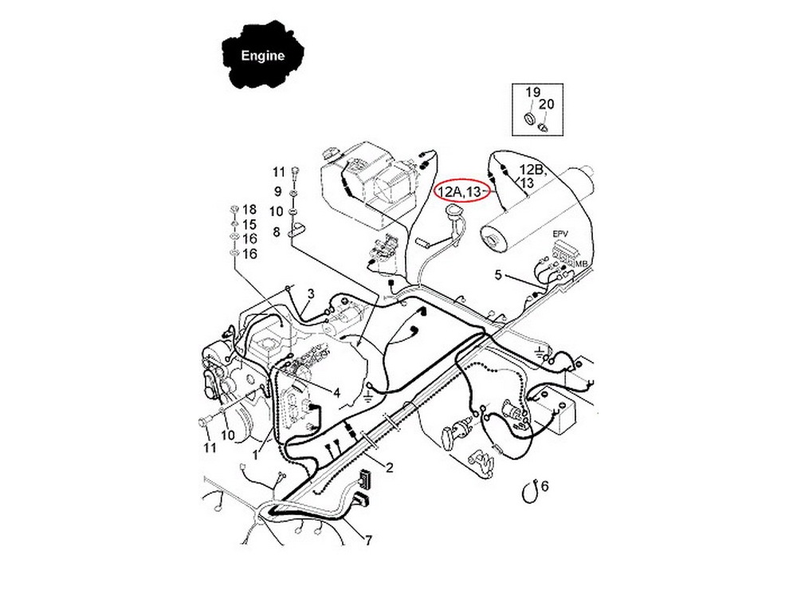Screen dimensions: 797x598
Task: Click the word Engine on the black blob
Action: (x=262, y=56)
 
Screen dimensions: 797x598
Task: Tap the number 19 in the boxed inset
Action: (x=532, y=92)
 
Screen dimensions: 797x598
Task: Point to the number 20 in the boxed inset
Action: (x=547, y=104)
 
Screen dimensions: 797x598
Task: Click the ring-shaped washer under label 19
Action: (x=530, y=120)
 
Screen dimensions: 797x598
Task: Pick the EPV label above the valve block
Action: (x=560, y=234)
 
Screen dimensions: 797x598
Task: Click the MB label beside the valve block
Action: (x=582, y=264)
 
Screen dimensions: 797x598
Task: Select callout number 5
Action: (x=498, y=275)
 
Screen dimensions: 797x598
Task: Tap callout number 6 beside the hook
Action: (x=545, y=486)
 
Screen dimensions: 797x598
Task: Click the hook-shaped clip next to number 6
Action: (x=530, y=491)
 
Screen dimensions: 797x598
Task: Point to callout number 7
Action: (x=368, y=540)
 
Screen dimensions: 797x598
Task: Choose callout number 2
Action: (x=390, y=467)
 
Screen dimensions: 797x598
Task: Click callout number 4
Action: (x=336, y=392)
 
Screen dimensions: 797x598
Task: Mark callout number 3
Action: (x=311, y=293)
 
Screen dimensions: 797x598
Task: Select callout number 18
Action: (x=249, y=210)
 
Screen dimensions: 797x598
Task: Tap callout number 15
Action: (x=249, y=225)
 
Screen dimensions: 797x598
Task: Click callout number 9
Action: (x=277, y=191)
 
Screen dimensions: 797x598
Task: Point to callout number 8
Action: (x=276, y=232)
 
